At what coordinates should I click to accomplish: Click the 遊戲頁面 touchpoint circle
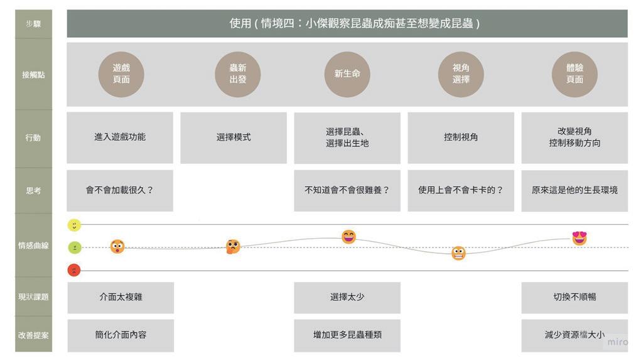click(121, 74)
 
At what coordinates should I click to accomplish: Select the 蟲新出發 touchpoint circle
click(237, 74)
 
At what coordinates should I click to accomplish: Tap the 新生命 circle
click(347, 74)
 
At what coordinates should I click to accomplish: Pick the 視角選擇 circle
click(461, 74)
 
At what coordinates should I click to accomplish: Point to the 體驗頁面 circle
click(575, 74)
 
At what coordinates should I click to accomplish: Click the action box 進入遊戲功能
click(120, 137)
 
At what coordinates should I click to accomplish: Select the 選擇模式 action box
click(234, 137)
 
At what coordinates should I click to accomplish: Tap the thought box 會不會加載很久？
click(120, 190)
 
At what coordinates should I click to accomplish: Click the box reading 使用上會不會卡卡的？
click(461, 190)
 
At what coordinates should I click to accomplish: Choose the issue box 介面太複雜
click(121, 297)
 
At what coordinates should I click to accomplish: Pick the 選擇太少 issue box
click(347, 297)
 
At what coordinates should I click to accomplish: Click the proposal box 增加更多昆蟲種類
click(347, 335)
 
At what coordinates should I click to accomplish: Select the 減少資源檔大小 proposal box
click(574, 335)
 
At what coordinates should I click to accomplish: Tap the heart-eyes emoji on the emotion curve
click(579, 238)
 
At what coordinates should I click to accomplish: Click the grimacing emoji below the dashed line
click(458, 253)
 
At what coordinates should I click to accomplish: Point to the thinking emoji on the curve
click(233, 246)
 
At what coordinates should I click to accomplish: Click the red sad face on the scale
click(74, 270)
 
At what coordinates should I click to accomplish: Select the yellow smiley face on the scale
click(74, 225)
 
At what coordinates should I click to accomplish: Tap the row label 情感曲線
click(33, 246)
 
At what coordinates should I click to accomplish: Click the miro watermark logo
click(617, 342)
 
